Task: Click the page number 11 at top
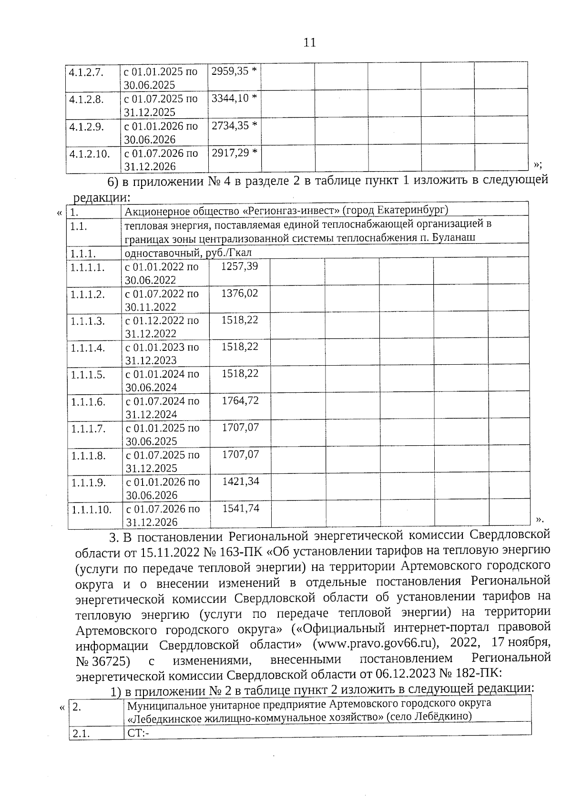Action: click(x=309, y=42)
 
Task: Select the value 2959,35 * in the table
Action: click(x=234, y=72)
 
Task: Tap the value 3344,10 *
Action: click(x=234, y=98)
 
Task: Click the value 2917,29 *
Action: click(x=234, y=153)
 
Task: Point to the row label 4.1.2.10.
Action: click(x=90, y=154)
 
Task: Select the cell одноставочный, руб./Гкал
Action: click(x=188, y=252)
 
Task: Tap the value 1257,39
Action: click(x=240, y=266)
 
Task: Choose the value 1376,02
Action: click(x=240, y=293)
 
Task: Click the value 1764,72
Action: click(x=240, y=400)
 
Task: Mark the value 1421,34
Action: click(x=241, y=481)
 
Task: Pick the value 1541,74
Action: click(x=241, y=508)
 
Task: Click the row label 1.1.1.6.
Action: click(x=88, y=402)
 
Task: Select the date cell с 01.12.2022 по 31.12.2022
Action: click(x=162, y=327)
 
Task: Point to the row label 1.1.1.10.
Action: click(x=92, y=510)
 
